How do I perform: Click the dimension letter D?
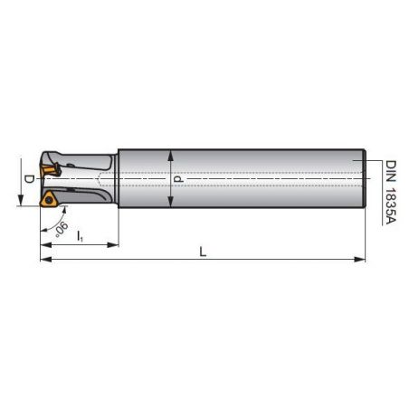pos(29,179)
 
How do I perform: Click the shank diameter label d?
pos(178,179)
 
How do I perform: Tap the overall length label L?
pos(203,252)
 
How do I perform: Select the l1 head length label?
pos(80,236)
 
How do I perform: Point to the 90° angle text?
pos(62,229)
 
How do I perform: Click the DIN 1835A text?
pos(391,192)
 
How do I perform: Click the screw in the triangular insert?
pos(48,200)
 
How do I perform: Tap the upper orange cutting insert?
pos(50,170)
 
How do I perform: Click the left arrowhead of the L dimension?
pos(46,259)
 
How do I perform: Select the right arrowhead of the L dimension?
pos(359,259)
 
